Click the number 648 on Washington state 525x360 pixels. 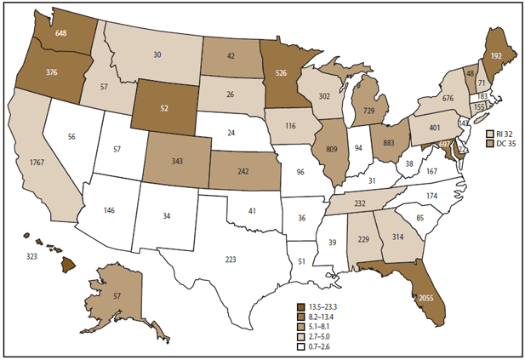coord(61,34)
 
